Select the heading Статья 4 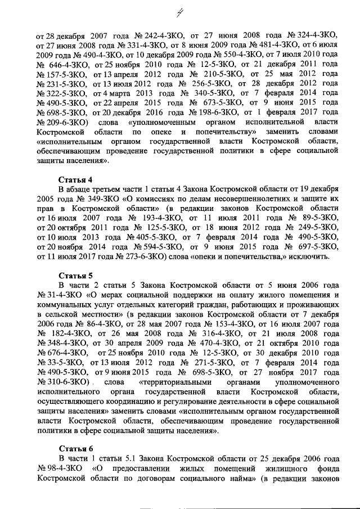(x=75, y=180)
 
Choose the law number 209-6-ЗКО (x=61, y=121)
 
